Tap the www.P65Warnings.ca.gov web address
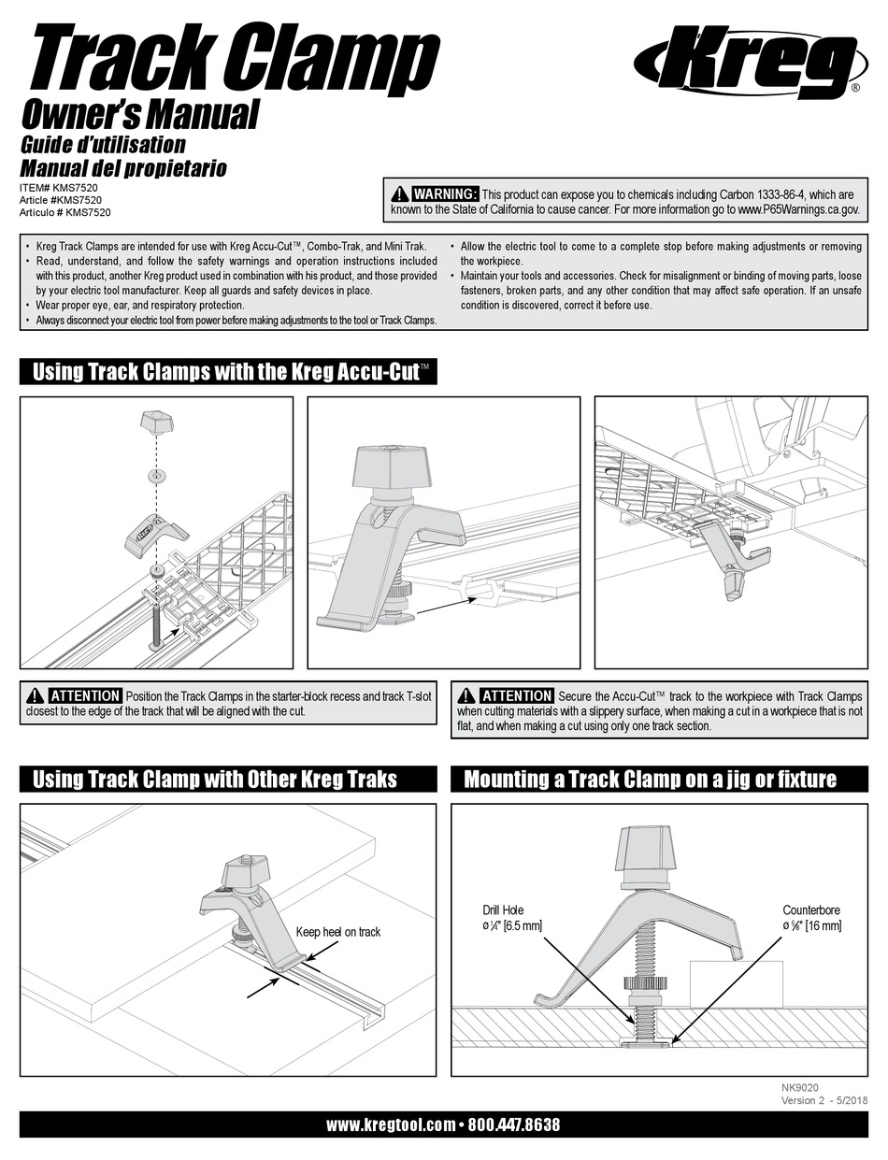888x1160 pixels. [x=798, y=210]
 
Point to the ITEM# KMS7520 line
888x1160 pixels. [x=60, y=187]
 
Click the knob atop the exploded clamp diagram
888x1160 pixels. [x=157, y=422]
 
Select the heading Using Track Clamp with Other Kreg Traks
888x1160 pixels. [x=215, y=779]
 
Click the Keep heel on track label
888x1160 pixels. [x=337, y=932]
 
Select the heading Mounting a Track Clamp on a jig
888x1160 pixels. [x=650, y=779]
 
